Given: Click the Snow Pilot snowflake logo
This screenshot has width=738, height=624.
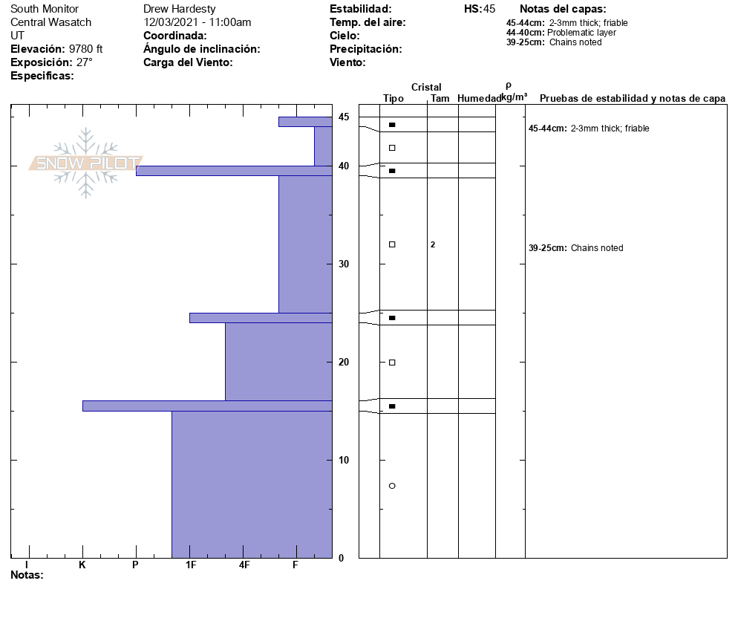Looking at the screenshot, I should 86,163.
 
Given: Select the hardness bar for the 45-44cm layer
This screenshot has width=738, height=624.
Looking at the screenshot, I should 304,122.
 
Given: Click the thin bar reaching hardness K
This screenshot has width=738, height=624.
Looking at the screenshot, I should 207,406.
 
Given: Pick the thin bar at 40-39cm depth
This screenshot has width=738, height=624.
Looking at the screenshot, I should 233,171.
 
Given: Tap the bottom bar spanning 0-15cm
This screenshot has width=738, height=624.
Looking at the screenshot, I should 252,484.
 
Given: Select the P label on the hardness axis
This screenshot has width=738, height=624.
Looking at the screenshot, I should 135,565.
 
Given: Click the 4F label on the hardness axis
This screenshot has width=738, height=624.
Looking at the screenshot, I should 244,565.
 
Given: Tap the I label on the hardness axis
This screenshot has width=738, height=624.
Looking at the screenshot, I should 27,565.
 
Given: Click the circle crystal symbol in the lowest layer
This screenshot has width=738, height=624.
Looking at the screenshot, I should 392,486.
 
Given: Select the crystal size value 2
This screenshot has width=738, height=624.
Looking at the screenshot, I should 433,244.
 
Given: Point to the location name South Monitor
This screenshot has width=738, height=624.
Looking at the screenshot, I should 45,9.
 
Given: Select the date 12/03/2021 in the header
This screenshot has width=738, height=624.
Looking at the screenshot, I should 173,22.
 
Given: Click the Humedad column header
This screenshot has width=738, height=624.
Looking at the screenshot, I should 479,99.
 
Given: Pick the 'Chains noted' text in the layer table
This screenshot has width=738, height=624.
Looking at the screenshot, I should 597,248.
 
